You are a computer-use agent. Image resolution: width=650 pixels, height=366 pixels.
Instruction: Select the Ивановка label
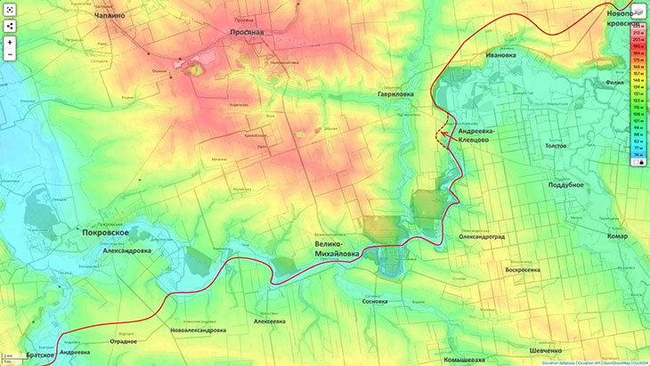[500, 54]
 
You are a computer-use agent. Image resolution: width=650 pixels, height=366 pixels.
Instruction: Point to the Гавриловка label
[395, 94]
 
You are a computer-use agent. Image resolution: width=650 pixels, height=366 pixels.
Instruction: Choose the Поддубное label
[566, 184]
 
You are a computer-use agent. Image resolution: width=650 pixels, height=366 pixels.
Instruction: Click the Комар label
[617, 236]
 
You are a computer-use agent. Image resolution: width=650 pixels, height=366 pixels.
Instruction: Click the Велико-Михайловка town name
[337, 248]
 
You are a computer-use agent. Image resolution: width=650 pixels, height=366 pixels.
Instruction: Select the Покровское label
[106, 232]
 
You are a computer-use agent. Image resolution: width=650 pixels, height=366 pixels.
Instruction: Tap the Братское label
[40, 354]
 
